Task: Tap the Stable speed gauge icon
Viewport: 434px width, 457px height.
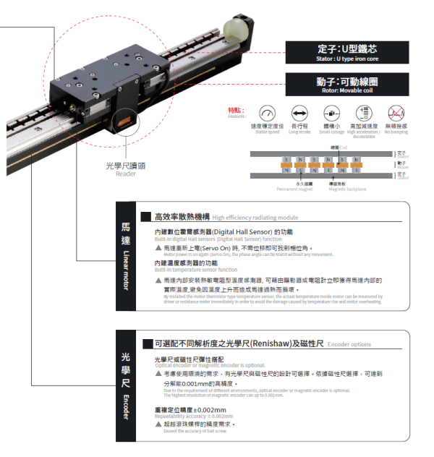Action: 267,114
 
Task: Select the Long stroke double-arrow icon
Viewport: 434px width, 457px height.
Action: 299,114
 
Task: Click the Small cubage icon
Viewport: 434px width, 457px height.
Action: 331,114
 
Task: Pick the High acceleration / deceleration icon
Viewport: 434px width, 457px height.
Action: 364,114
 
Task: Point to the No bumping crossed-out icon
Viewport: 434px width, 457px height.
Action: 396,114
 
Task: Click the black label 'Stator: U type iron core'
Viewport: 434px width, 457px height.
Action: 347,51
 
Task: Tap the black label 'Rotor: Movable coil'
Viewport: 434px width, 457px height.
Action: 347,85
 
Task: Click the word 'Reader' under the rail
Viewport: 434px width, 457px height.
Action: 126,174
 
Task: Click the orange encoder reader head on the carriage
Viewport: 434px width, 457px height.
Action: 124,121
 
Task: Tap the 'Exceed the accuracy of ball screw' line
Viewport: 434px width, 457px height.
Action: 195,431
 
